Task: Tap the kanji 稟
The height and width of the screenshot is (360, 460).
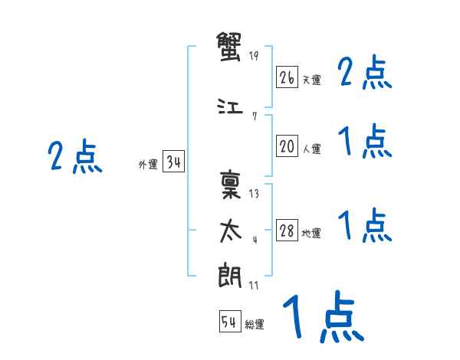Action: pos(230,185)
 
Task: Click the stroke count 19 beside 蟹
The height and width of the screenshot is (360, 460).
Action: pos(255,56)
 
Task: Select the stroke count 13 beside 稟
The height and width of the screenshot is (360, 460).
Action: pos(254,193)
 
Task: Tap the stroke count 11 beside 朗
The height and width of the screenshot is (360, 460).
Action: pos(254,285)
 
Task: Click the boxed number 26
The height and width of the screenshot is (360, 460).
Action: pos(287,77)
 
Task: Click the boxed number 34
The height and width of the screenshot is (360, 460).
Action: pos(173,162)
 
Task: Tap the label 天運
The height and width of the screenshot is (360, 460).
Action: pos(311,80)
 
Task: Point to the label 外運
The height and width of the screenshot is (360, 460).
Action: pos(148,164)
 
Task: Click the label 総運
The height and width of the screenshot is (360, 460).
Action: pos(255,325)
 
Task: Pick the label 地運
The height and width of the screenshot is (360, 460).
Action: pos(311,234)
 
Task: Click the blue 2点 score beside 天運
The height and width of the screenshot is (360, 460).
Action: pos(365,74)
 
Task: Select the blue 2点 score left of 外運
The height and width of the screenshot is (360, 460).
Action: pos(75,158)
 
